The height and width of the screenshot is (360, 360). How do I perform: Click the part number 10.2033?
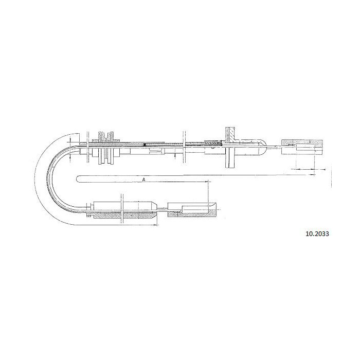[x=317, y=233]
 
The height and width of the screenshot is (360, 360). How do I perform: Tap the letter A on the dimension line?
[x=143, y=179]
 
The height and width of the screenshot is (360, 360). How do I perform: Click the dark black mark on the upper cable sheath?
[x=145, y=145]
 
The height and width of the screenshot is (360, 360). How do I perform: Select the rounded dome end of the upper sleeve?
[x=263, y=147]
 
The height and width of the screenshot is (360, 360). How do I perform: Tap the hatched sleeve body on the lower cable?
[x=124, y=214]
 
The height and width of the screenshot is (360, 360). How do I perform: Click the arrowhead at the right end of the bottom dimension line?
[x=156, y=225]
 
